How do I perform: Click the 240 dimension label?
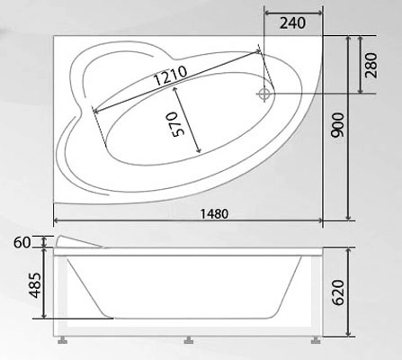point(292,23)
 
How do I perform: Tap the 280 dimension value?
point(371,65)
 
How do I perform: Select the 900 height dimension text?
point(337,125)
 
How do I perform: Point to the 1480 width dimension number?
point(214,214)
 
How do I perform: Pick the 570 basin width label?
point(178,124)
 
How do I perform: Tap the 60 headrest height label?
point(22,242)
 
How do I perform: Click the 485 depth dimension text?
point(36,285)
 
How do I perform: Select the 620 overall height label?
point(338,292)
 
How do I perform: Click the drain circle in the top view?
point(264,94)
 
